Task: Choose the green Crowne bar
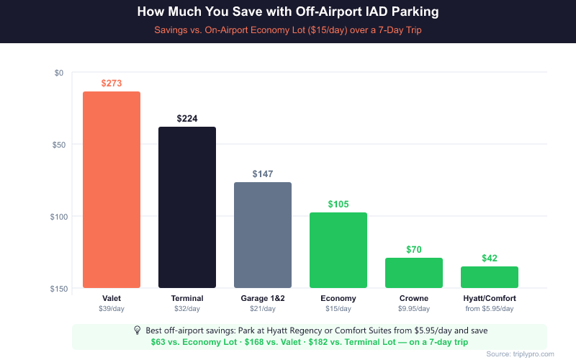tap(414, 273)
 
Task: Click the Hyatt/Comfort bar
tap(490, 277)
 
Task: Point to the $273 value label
tap(112, 84)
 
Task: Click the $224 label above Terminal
tap(187, 119)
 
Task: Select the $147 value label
tap(263, 174)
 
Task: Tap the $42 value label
tap(490, 258)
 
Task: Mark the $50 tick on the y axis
tap(59, 145)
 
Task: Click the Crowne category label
tap(414, 298)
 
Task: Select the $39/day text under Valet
tap(112, 308)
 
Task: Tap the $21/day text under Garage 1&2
tap(263, 308)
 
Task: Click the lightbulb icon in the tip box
tap(138, 330)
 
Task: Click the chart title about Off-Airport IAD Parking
tap(288, 13)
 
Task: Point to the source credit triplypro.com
tap(520, 354)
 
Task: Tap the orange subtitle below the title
tap(288, 31)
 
